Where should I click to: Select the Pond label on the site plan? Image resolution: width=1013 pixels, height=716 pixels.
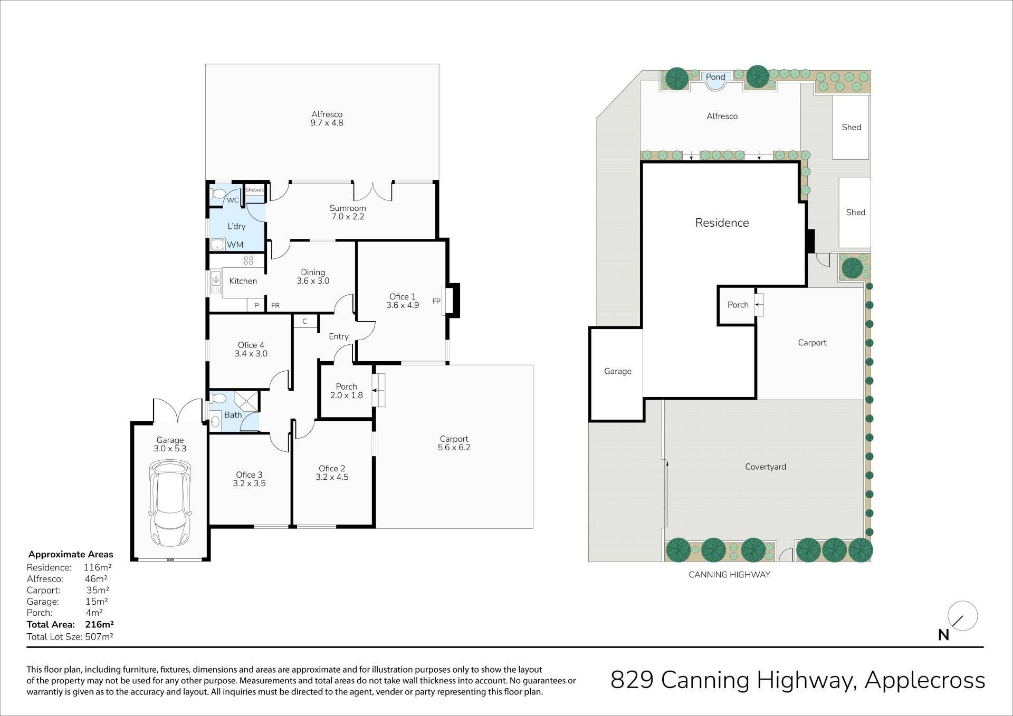point(715,77)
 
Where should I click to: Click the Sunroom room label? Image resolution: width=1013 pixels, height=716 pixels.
point(348,208)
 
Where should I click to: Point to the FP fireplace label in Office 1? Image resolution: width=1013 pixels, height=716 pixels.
point(436,301)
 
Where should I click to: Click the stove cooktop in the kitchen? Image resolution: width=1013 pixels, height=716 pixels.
point(249,260)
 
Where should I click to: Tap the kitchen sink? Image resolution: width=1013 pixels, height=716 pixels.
point(216,282)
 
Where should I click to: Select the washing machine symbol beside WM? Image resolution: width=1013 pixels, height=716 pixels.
point(217,245)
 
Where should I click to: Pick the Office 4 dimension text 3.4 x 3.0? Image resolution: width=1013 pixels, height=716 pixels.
point(251,354)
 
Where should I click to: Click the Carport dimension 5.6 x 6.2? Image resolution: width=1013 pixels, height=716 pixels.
point(454,448)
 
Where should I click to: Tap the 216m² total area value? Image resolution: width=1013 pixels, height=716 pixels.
point(99,624)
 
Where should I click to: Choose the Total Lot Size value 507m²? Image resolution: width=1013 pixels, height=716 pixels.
point(99,636)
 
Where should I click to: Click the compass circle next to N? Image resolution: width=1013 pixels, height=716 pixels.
point(963,616)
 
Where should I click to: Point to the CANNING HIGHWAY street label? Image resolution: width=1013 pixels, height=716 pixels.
point(729,575)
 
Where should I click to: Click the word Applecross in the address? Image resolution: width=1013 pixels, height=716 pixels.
point(925,681)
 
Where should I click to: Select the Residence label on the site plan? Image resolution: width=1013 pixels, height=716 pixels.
point(722,223)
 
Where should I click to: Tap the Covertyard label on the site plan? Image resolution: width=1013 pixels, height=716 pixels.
point(766,467)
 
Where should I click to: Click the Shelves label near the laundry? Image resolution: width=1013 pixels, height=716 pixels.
point(254,190)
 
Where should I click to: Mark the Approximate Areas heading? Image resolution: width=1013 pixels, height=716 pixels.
point(71,555)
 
